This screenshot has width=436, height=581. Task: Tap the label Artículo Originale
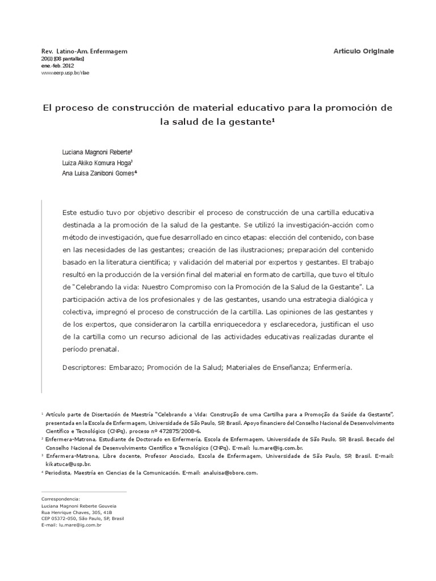363,51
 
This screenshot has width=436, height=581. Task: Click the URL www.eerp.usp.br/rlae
65,73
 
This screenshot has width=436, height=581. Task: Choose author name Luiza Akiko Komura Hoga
97,163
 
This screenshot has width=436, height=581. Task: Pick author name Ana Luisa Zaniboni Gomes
99,174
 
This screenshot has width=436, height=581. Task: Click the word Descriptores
83,367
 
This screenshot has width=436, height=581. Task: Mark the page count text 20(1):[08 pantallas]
63,59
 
